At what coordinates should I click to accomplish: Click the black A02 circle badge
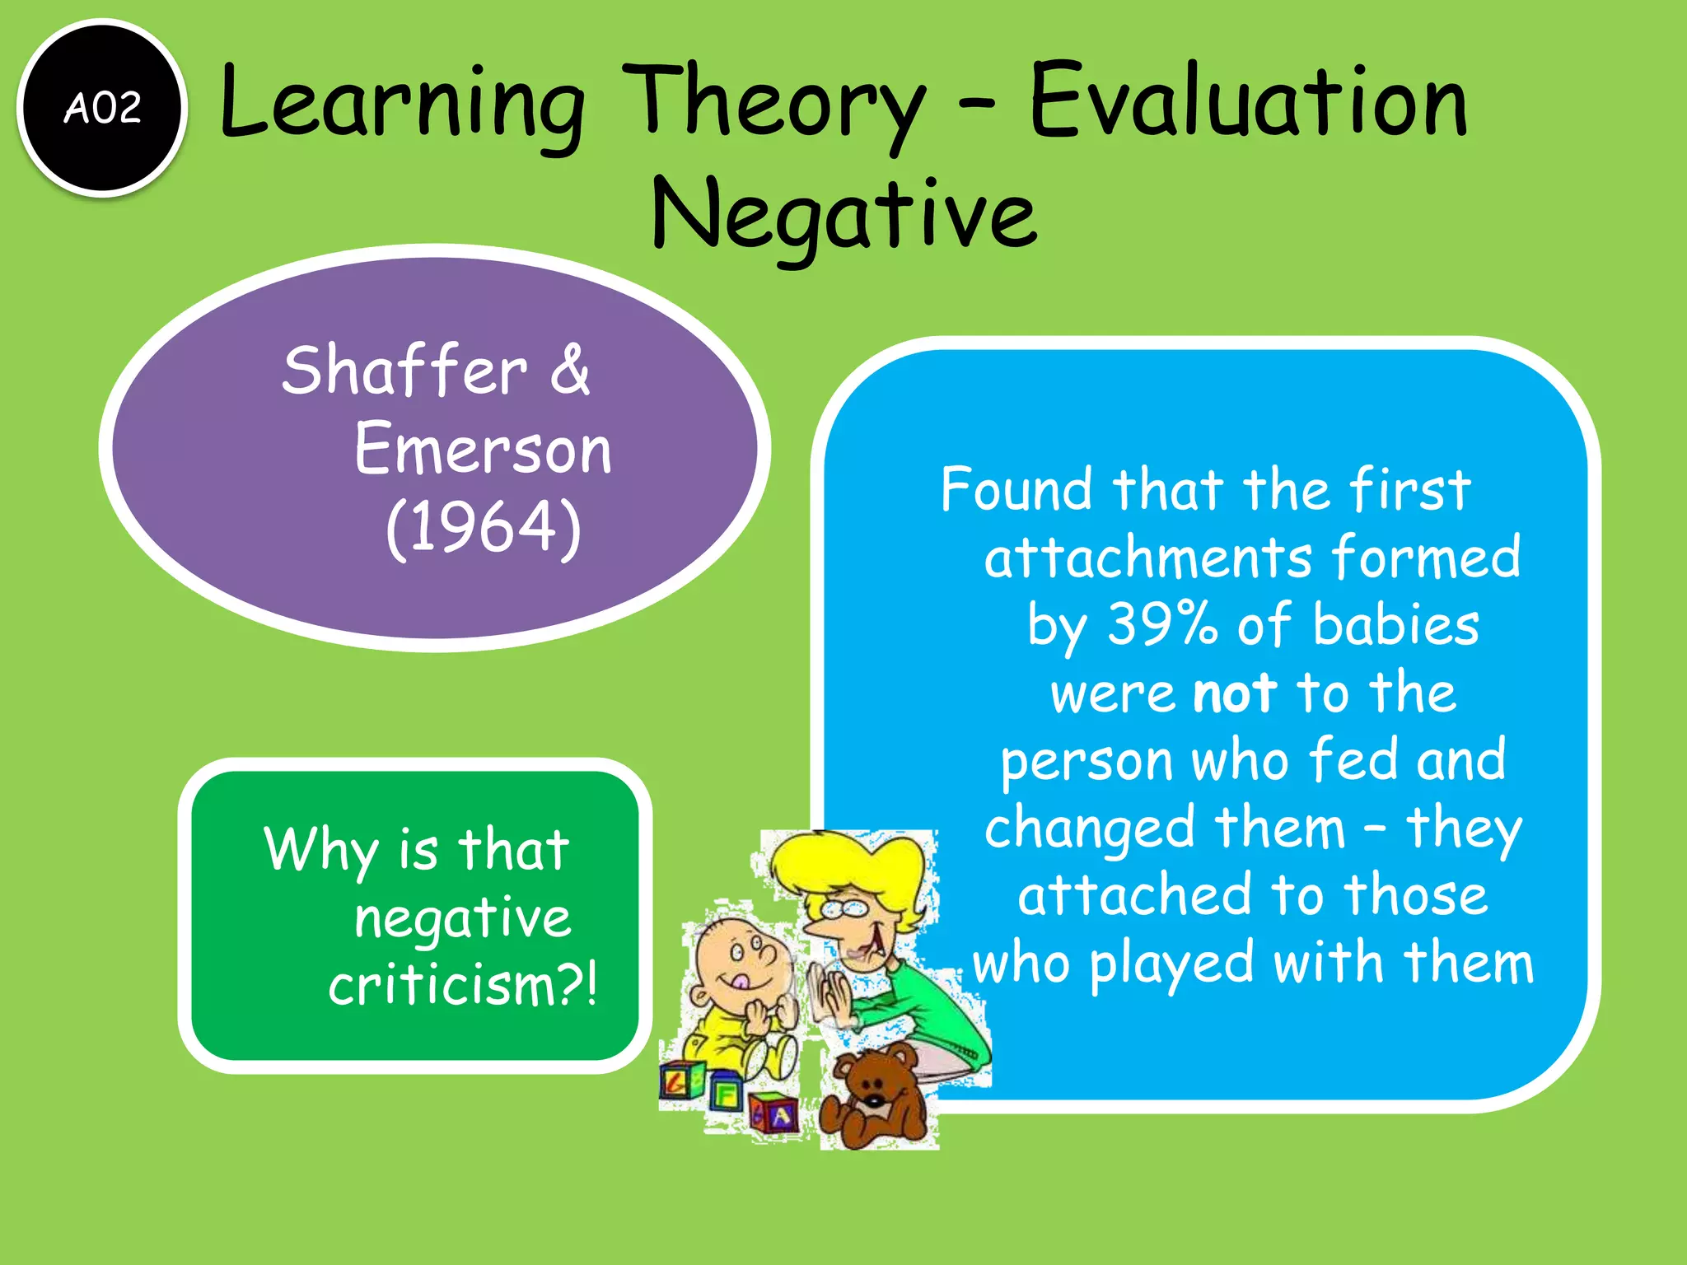coord(102,108)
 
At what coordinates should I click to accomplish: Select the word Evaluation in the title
coord(1248,103)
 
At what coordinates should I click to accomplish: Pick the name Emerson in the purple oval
coord(483,450)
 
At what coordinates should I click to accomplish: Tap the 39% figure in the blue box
coord(1161,623)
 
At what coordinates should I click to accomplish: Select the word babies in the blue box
coord(1395,625)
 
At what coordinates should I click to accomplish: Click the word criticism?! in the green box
coord(462,985)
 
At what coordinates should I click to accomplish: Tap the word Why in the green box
coord(320,849)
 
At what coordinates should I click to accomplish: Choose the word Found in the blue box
coord(1018,489)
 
